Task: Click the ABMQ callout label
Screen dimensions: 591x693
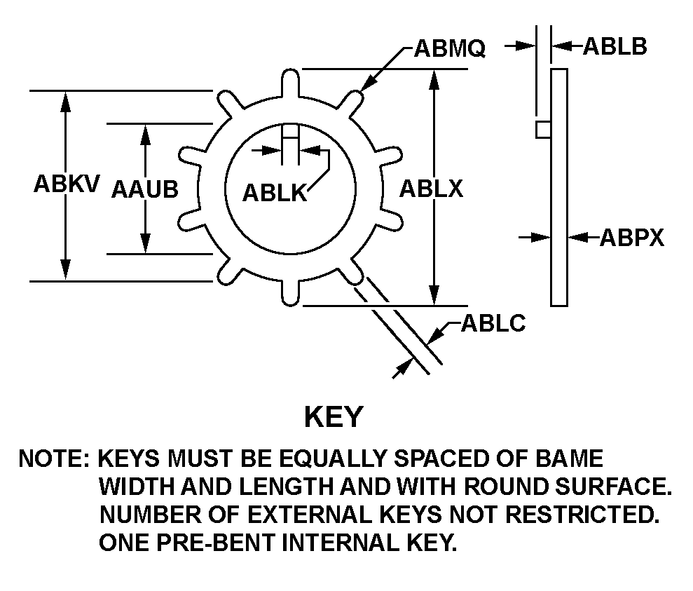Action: pyautogui.click(x=450, y=48)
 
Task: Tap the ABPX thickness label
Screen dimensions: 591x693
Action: pyautogui.click(x=631, y=238)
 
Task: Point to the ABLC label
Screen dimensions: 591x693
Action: pyautogui.click(x=493, y=325)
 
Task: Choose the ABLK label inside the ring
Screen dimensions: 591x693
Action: pyautogui.click(x=275, y=193)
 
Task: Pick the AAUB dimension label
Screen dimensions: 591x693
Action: pyautogui.click(x=144, y=189)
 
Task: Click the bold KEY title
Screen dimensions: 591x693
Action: pyautogui.click(x=333, y=416)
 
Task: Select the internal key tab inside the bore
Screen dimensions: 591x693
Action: pyautogui.click(x=290, y=136)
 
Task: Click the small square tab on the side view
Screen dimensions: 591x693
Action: pyautogui.click(x=542, y=130)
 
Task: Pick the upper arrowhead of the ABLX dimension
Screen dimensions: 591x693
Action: pyautogui.click(x=436, y=77)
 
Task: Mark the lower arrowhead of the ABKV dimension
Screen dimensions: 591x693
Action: pyautogui.click(x=66, y=271)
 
